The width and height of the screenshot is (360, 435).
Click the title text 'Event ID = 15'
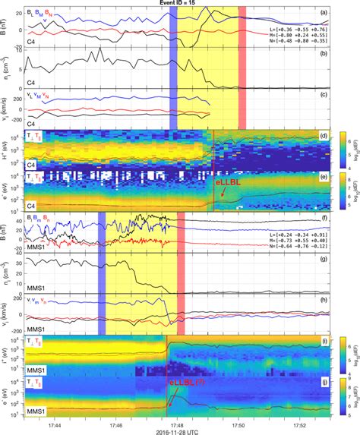(179, 5)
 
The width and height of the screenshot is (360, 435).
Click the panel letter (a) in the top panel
(323, 13)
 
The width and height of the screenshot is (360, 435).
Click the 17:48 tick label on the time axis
(177, 417)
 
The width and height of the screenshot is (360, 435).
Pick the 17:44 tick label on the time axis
(55, 417)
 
